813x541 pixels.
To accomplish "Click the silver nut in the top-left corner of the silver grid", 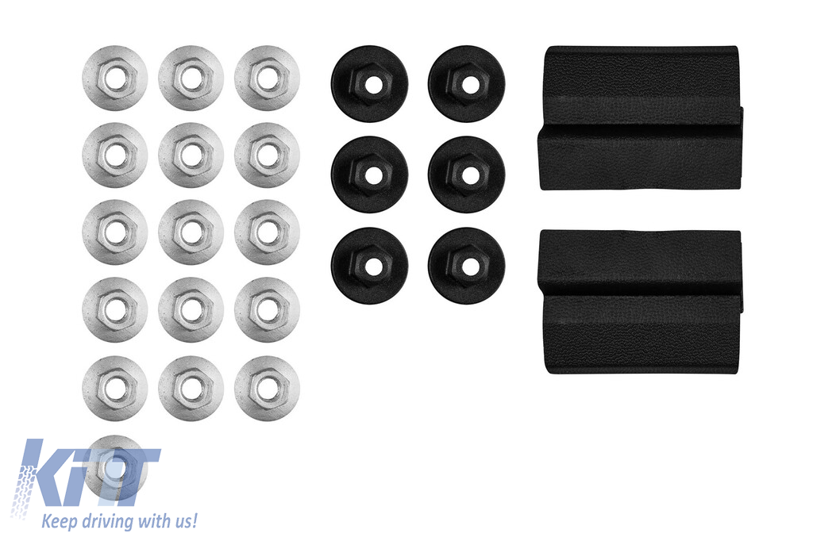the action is [x=114, y=79].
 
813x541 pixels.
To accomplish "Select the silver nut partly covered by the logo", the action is [x=114, y=466].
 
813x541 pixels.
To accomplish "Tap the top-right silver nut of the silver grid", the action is [x=267, y=79].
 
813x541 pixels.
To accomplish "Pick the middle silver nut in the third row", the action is [x=191, y=232].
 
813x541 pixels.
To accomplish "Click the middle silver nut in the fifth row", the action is [x=191, y=388].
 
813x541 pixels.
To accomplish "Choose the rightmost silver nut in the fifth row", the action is [x=267, y=388].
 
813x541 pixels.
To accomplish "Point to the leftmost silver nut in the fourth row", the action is [x=114, y=310].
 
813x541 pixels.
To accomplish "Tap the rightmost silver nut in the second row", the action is [x=267, y=155].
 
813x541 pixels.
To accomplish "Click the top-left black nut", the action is [x=370, y=84].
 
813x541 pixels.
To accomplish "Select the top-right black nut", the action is [x=467, y=84].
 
